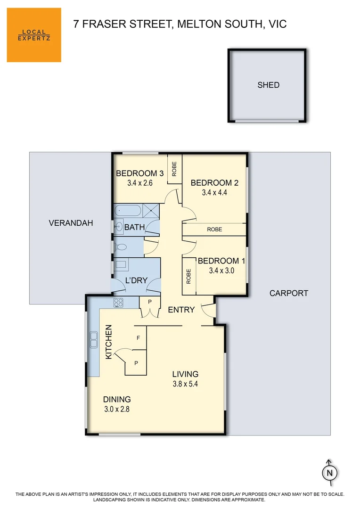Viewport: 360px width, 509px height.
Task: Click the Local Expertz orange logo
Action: click(x=34, y=35)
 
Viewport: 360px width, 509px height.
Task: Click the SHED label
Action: click(x=268, y=85)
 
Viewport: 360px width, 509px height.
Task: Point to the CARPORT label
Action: click(x=288, y=293)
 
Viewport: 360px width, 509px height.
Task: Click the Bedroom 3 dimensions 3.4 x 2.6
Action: click(x=140, y=183)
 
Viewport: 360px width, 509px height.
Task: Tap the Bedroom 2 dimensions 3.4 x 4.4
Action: click(x=214, y=192)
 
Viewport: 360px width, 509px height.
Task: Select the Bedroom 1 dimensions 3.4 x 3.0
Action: click(x=221, y=271)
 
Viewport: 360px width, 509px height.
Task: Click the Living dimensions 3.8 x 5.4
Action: click(x=185, y=384)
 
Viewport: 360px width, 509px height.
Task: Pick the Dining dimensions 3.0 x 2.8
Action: click(x=116, y=409)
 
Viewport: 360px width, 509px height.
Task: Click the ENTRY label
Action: click(x=181, y=310)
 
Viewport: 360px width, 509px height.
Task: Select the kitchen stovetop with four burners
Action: click(x=118, y=303)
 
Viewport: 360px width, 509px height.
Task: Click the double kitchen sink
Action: click(x=93, y=336)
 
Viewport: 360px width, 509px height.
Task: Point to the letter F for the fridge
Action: click(x=138, y=338)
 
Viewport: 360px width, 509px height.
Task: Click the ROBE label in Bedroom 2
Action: click(x=214, y=230)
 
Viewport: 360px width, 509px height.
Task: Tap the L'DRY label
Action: click(x=136, y=280)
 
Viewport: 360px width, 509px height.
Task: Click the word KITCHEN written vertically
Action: click(x=108, y=342)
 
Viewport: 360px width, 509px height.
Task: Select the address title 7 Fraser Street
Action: click(x=180, y=24)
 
